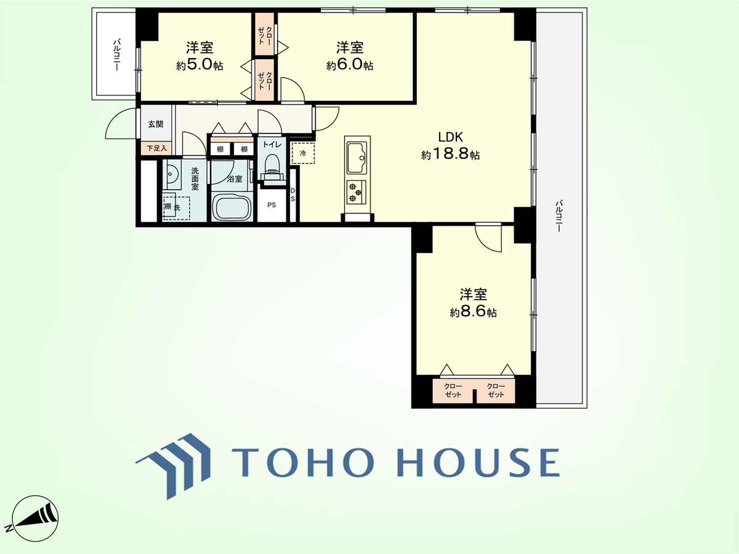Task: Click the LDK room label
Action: point(450,137)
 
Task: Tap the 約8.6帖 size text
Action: point(473,312)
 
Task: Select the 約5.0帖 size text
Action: point(200,65)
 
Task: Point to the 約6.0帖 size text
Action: point(349,65)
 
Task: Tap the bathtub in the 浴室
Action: point(232,207)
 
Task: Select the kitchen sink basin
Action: point(357,158)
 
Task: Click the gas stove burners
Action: point(356,192)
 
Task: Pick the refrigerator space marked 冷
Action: point(303,153)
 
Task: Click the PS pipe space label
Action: point(272,205)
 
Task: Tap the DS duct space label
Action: point(293,195)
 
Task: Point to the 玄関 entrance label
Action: point(156,124)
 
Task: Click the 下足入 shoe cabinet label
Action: point(157,148)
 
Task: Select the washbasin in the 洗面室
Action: point(172,175)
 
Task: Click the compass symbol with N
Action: point(35,518)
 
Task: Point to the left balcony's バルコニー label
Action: point(117,55)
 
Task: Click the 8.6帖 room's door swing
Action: point(488,238)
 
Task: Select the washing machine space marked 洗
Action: point(176,206)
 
